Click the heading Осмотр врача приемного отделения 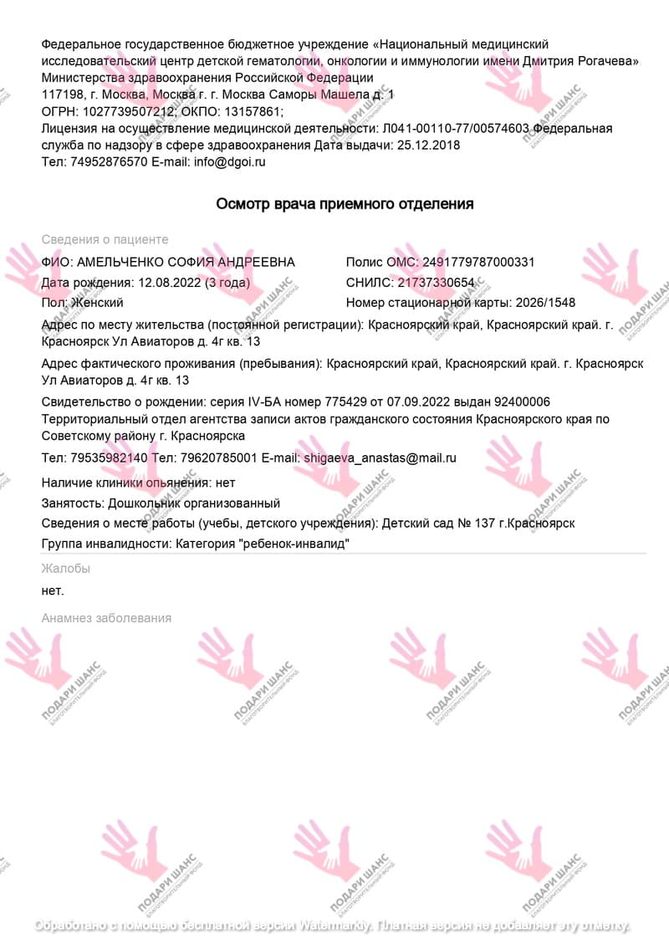click(x=345, y=203)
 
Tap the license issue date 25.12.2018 click(x=427, y=145)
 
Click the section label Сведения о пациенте click(x=105, y=239)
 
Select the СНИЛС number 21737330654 click(x=436, y=282)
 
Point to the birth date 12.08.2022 click(x=170, y=282)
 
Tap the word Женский click(x=98, y=302)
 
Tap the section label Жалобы click(x=65, y=568)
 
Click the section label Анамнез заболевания click(x=106, y=617)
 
